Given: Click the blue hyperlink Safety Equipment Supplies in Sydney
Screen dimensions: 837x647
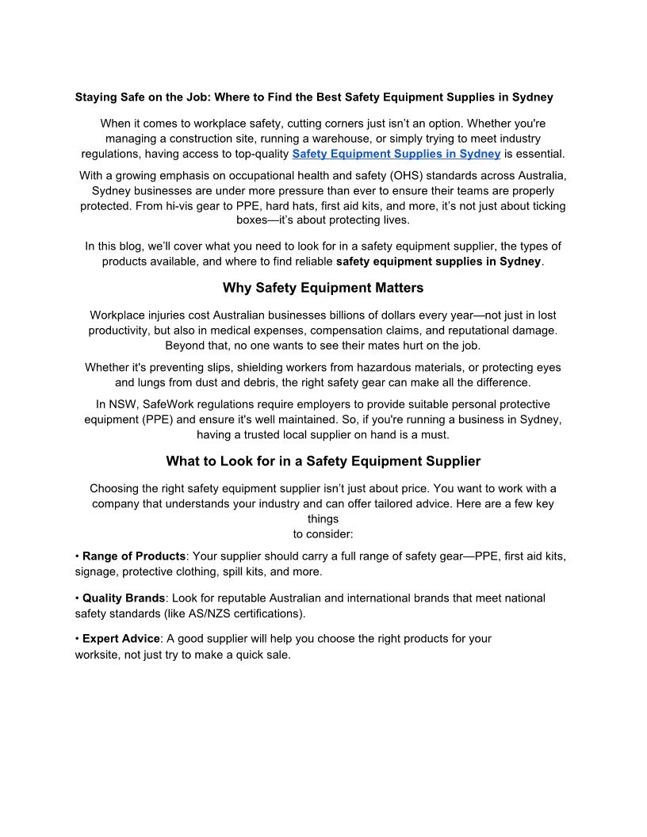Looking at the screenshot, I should (396, 154).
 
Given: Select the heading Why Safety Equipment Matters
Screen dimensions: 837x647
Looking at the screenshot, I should (323, 288).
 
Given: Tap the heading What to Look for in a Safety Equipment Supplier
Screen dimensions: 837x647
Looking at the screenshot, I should (323, 461).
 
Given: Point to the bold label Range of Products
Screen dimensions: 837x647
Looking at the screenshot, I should (134, 556).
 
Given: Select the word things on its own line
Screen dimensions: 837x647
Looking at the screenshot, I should (323, 519).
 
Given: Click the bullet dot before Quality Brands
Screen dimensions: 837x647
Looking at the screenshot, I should (77, 598).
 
